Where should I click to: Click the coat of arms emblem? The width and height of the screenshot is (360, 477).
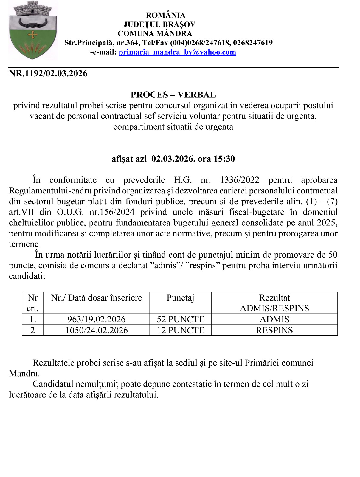[33, 30]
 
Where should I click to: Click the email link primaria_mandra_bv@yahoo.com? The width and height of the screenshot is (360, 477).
[177, 52]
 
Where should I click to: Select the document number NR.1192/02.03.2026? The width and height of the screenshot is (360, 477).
[48, 74]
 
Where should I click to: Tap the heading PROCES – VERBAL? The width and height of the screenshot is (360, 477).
[173, 95]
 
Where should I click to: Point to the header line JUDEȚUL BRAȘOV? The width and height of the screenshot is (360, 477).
[159, 24]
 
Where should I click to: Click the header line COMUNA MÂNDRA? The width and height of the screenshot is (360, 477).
[155, 33]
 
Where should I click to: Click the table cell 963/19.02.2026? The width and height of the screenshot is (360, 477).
[96, 319]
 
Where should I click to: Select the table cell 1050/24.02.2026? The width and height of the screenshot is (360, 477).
[96, 330]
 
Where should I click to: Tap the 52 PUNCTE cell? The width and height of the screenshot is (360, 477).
[181, 319]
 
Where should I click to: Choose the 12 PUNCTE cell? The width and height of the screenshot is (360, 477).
[181, 330]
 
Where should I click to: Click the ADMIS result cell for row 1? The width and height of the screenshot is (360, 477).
[274, 319]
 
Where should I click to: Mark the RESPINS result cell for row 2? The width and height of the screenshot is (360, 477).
[274, 330]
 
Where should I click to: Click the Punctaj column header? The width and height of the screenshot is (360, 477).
[180, 298]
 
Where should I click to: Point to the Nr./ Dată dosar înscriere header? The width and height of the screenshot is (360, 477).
[96, 298]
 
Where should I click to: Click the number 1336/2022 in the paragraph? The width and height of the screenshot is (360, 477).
[240, 180]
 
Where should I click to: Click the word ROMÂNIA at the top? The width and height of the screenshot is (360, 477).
[165, 15]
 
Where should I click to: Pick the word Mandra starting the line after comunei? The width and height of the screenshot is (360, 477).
[24, 374]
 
